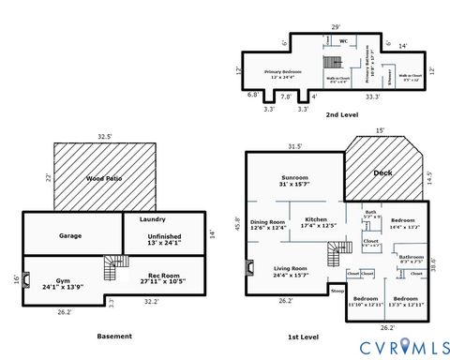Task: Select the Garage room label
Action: pos(70,235)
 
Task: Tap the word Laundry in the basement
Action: pos(152,219)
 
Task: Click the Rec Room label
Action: pos(156,277)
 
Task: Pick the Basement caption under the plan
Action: pos(114,336)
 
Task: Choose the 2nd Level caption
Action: pos(340,114)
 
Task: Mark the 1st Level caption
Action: pos(305,336)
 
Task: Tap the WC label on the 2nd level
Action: pos(344,41)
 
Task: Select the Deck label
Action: pos(382,172)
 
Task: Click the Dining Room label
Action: pos(268,225)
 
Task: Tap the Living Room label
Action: pos(290,271)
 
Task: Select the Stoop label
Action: pos(337,292)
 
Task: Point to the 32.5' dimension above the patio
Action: pos(105,137)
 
